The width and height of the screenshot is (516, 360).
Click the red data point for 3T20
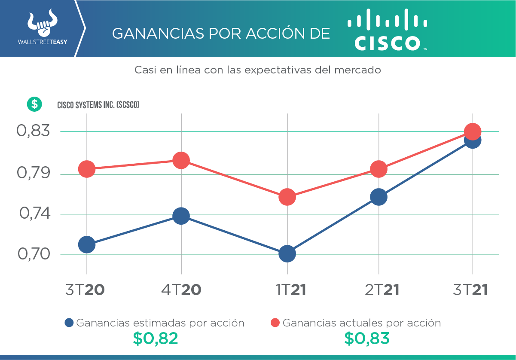click(x=87, y=169)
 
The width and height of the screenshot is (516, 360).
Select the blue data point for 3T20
click(x=87, y=244)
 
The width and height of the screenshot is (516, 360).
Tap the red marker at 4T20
click(x=181, y=160)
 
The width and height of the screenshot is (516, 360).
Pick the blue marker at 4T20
click(x=181, y=216)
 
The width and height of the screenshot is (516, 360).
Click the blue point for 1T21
click(x=287, y=254)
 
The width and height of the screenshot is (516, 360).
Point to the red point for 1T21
click(x=287, y=197)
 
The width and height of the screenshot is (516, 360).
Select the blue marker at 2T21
click(x=379, y=197)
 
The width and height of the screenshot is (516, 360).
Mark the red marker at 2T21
click(x=379, y=169)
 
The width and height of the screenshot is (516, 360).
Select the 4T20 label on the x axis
click(x=181, y=290)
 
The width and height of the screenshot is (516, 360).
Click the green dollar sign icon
click(x=34, y=104)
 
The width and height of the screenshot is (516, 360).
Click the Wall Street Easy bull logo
click(x=42, y=24)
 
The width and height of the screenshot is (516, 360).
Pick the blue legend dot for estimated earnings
click(x=69, y=323)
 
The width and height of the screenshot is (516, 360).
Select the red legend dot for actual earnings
click(x=275, y=323)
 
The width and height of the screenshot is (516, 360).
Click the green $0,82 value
click(x=155, y=339)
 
